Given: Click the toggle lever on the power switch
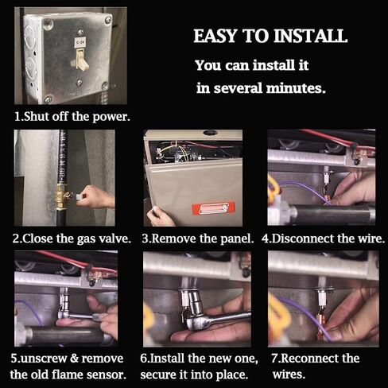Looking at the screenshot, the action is (82, 59).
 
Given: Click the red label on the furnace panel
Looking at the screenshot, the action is (213, 208).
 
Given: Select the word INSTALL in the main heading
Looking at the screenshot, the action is (310, 36).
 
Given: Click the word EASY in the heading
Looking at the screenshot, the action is (215, 36).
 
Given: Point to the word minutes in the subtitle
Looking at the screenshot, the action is (296, 88).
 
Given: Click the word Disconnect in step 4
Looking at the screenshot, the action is (304, 239).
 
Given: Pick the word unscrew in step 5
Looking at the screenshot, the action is (43, 359).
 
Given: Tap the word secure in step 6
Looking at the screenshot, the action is (157, 375).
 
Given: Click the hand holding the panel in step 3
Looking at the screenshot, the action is (160, 216).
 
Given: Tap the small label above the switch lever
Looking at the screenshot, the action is (80, 42).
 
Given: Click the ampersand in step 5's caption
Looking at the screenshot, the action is (74, 359).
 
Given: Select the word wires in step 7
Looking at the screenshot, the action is (289, 375).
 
